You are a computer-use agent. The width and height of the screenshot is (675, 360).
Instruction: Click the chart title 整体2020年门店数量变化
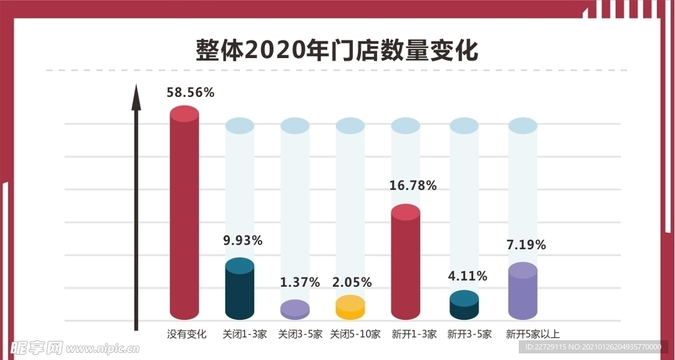click(337, 50)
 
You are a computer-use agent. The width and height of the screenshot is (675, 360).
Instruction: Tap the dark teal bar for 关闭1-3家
click(239, 290)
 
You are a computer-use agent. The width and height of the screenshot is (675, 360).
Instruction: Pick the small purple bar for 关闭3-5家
click(295, 310)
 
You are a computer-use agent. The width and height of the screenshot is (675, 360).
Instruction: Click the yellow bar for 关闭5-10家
click(350, 308)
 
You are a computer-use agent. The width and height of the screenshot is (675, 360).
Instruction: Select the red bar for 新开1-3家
click(405, 264)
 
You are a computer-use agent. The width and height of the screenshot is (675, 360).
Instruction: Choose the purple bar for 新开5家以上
click(523, 293)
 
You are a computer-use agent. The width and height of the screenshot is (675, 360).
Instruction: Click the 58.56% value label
click(191, 93)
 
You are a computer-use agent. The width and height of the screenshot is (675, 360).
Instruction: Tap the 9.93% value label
click(243, 241)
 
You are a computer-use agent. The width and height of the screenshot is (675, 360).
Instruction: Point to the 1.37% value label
click(299, 282)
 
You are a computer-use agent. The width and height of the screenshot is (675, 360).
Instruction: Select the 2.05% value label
click(352, 282)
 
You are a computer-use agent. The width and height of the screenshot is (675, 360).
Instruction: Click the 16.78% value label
click(413, 186)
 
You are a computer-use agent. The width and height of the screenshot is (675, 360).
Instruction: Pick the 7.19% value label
click(526, 245)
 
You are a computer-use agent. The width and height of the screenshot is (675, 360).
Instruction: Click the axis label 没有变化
click(187, 334)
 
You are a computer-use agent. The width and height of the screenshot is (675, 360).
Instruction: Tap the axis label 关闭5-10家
click(355, 334)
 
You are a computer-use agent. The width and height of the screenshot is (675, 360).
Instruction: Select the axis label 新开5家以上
click(532, 334)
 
